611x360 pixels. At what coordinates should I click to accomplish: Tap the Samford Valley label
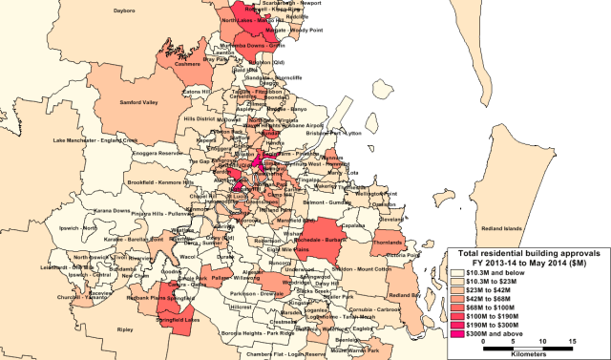137,100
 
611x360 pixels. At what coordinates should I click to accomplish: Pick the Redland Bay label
407,296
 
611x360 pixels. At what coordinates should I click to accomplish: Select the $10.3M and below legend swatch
458,272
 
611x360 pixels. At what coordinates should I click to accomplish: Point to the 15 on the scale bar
571,341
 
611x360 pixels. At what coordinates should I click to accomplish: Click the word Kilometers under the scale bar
527,352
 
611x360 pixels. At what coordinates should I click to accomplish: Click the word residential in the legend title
513,251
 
